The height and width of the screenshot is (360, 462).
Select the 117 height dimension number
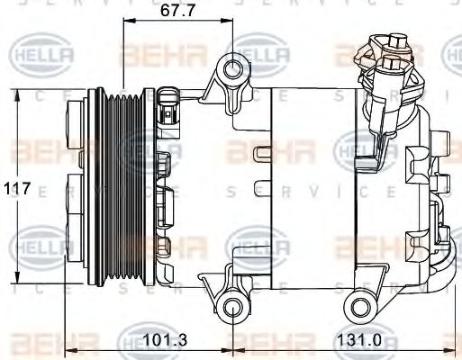point(17,189)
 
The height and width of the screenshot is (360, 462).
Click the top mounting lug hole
point(234,68)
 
